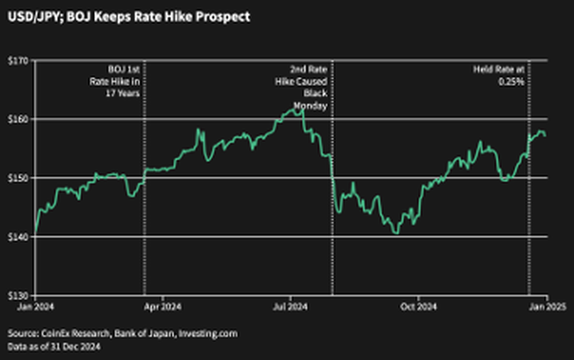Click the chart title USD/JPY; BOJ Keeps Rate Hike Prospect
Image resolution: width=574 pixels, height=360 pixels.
[128, 17]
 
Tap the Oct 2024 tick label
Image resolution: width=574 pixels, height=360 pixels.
[419, 307]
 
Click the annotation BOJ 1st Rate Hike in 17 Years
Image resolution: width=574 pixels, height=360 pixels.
[124, 81]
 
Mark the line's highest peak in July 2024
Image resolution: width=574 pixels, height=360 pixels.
[302, 108]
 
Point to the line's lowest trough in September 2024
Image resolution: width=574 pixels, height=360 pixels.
[396, 233]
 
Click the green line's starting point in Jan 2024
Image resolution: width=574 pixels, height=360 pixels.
[34, 234]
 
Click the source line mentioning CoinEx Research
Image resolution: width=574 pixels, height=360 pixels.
[123, 334]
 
